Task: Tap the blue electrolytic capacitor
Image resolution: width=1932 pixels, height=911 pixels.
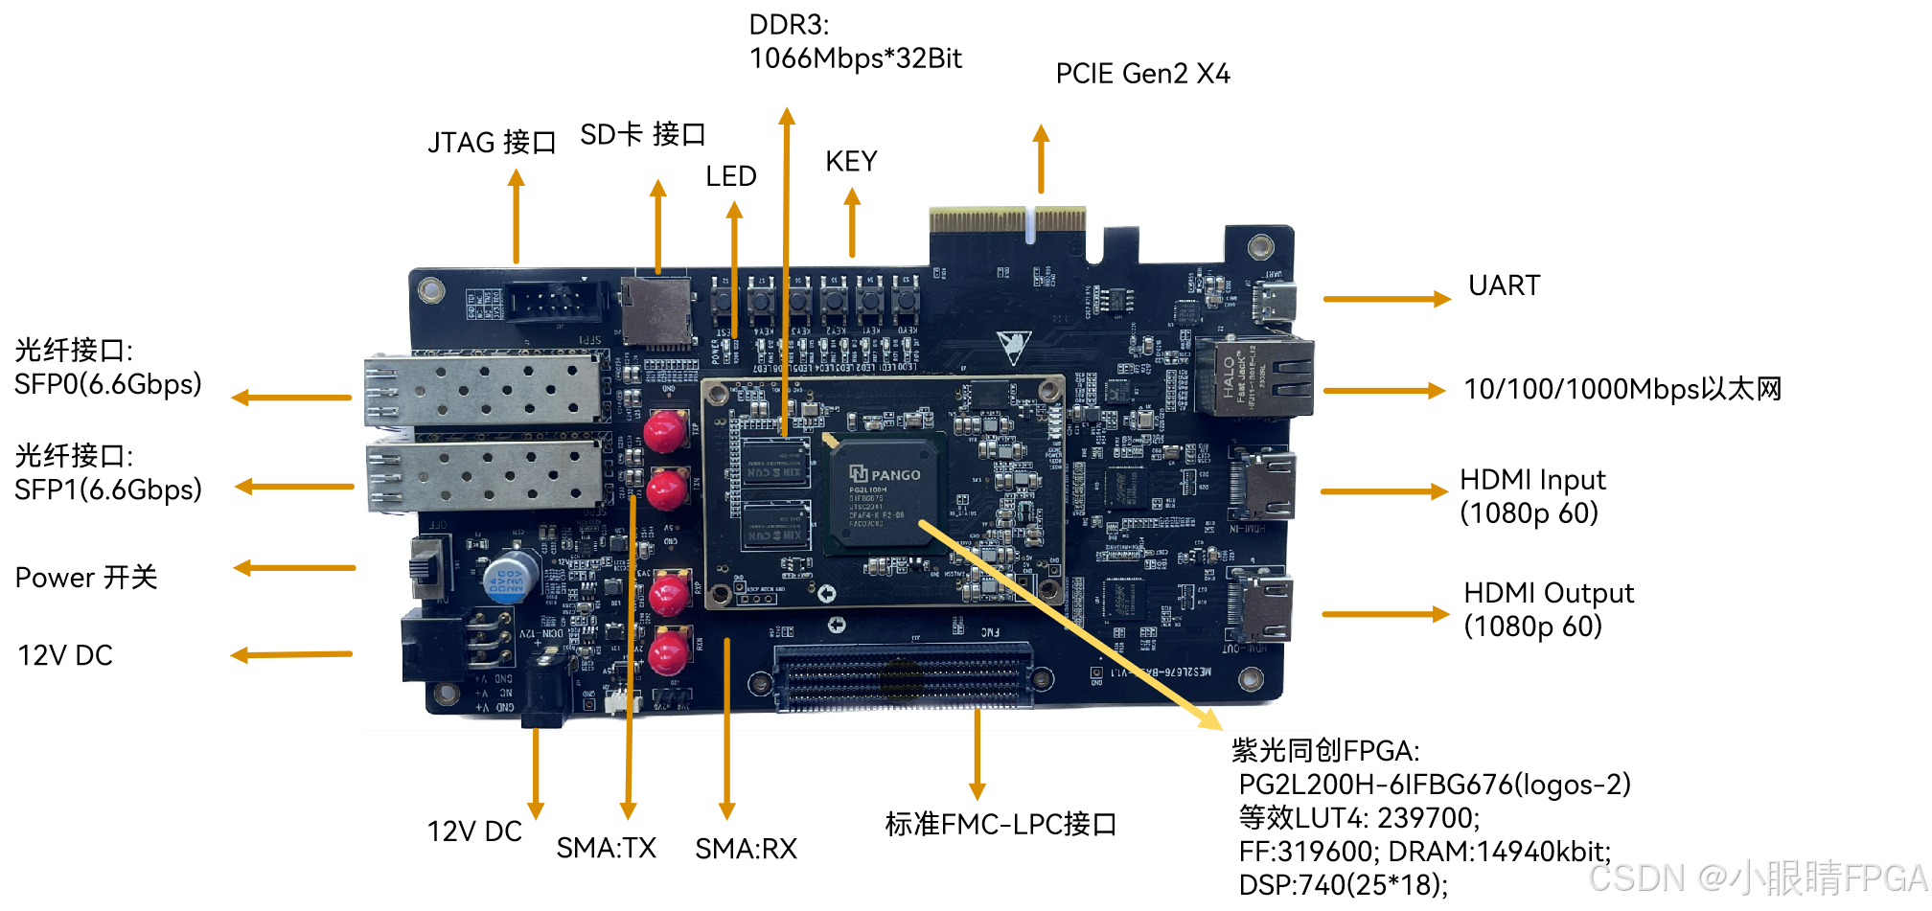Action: click(x=509, y=577)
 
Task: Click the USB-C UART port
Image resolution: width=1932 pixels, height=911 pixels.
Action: click(x=1276, y=302)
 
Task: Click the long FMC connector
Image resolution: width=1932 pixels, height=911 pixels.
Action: click(x=903, y=677)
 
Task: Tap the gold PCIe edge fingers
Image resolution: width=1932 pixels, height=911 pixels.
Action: click(x=1007, y=221)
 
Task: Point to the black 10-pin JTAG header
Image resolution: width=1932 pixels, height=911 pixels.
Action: click(x=553, y=303)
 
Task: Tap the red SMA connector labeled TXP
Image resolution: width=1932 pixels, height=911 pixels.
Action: click(x=664, y=430)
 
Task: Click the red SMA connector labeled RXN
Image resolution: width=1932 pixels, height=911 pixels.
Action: click(x=668, y=653)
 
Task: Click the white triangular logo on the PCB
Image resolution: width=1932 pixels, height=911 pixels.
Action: click(x=1013, y=346)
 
